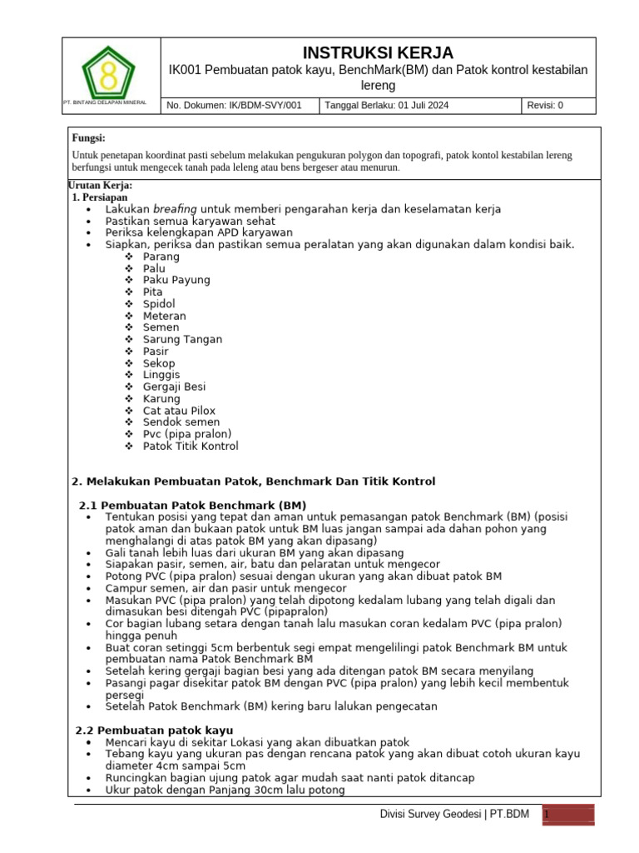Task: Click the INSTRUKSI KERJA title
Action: [x=377, y=53]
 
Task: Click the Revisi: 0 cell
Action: [x=545, y=106]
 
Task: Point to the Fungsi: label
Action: [x=89, y=138]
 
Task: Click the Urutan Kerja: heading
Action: [x=100, y=185]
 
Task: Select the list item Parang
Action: [x=161, y=257]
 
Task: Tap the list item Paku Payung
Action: [x=176, y=281]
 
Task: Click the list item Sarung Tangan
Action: [x=182, y=340]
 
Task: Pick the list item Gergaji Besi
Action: [x=174, y=387]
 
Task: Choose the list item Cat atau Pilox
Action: [x=179, y=411]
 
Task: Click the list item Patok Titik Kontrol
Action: [x=191, y=446]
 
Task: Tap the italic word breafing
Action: [x=175, y=209]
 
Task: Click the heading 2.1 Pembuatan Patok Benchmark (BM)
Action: [x=192, y=506]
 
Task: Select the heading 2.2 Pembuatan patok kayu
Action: [x=155, y=730]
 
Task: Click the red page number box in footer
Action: [x=569, y=816]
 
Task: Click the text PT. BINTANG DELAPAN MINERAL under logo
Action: [x=105, y=102]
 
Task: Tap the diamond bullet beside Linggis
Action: [x=129, y=376]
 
